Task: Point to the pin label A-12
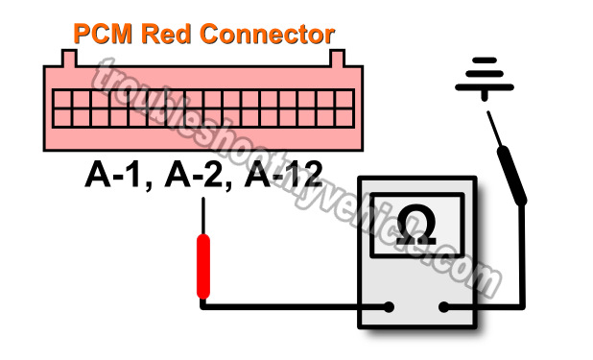tap(286, 175)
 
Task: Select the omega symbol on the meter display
tap(417, 224)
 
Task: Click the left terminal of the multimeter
tap(391, 308)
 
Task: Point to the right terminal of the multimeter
tap(445, 308)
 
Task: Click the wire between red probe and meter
tap(288, 308)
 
